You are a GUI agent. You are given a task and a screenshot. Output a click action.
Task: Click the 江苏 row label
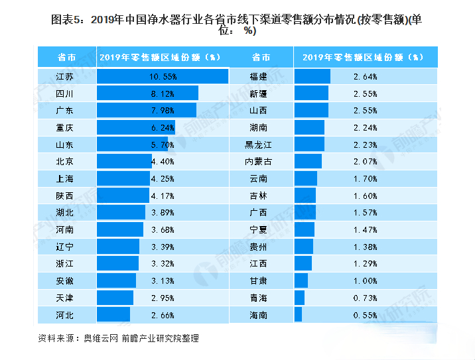click(65, 76)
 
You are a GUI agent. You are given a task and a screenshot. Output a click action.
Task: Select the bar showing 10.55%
click(162, 76)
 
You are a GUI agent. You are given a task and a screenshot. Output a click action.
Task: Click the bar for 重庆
click(135, 127)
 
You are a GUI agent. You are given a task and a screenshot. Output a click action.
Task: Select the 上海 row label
click(65, 178)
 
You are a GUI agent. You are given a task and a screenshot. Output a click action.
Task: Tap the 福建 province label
click(259, 76)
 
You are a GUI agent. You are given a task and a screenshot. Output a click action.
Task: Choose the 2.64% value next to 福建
click(366, 76)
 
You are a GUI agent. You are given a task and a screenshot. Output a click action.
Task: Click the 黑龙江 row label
click(259, 145)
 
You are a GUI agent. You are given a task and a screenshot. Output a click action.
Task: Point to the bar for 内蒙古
click(308, 161)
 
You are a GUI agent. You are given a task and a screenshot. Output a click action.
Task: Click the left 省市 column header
click(66, 57)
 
